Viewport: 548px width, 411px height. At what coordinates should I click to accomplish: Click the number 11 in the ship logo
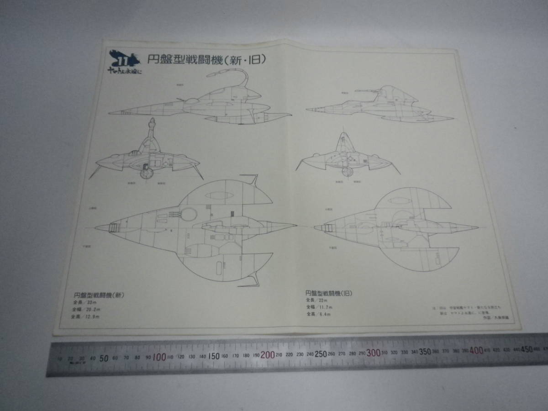pyautogui.click(x=122, y=63)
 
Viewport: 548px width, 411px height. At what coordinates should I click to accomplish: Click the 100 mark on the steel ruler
pyautogui.click(x=160, y=356)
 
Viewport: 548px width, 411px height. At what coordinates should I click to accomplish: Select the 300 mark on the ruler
pyautogui.click(x=373, y=353)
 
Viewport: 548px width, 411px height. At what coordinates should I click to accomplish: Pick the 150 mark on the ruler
pyautogui.click(x=214, y=355)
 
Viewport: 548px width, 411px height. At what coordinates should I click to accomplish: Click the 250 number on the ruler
pyautogui.click(x=320, y=353)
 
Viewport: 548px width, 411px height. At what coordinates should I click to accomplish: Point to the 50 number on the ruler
pyautogui.click(x=104, y=358)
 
